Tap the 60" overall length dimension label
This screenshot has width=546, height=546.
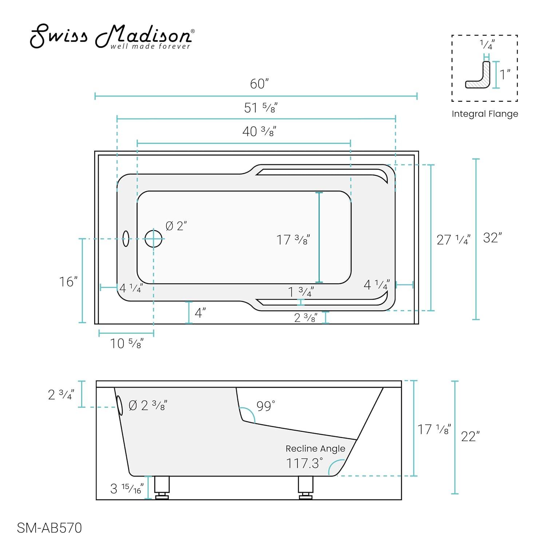[x=259, y=84]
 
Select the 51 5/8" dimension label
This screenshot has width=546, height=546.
[x=261, y=108]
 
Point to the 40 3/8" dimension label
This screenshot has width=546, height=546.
[x=259, y=131]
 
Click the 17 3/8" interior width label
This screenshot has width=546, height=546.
[x=293, y=240]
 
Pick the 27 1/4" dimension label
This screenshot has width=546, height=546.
[x=453, y=240]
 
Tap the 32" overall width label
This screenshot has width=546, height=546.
[x=492, y=238]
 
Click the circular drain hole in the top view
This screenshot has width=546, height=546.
[x=153, y=239]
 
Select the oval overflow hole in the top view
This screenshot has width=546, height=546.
[x=126, y=238]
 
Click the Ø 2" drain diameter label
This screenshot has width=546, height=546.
[x=176, y=226]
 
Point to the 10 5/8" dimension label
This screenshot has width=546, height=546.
[x=127, y=343]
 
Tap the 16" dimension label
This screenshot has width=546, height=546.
[x=68, y=282]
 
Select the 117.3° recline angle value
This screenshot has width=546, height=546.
[x=304, y=463]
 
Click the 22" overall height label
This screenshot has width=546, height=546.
[x=470, y=436]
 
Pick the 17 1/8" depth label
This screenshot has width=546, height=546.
[x=434, y=430]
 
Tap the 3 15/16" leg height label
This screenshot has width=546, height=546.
[x=127, y=488]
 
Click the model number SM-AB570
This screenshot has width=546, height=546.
[x=50, y=528]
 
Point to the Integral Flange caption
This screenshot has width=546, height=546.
[x=484, y=114]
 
